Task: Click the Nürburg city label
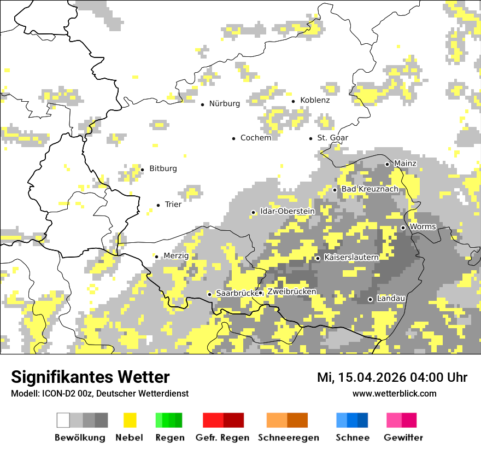[224, 104]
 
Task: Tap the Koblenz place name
[315, 101]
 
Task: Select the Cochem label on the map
[255, 138]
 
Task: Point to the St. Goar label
[332, 138]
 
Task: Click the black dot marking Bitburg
[142, 170]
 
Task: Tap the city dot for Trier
[158, 205]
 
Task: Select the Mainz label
[405, 164]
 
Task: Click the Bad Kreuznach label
[369, 189]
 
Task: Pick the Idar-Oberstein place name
[287, 212]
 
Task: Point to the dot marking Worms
[403, 228]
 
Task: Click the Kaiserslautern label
[351, 257]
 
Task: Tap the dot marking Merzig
[156, 257]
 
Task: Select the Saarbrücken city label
[236, 294]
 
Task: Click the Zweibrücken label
[291, 292]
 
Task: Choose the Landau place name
[391, 299]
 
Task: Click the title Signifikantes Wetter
[90, 377]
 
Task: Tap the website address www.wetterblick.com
[394, 393]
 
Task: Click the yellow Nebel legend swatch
[130, 420]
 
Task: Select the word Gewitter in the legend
[403, 438]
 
